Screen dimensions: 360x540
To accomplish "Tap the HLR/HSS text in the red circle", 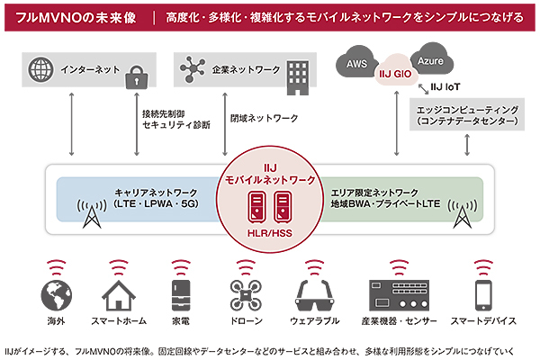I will point(269,231).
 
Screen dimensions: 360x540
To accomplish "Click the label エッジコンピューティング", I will point(464,109).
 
